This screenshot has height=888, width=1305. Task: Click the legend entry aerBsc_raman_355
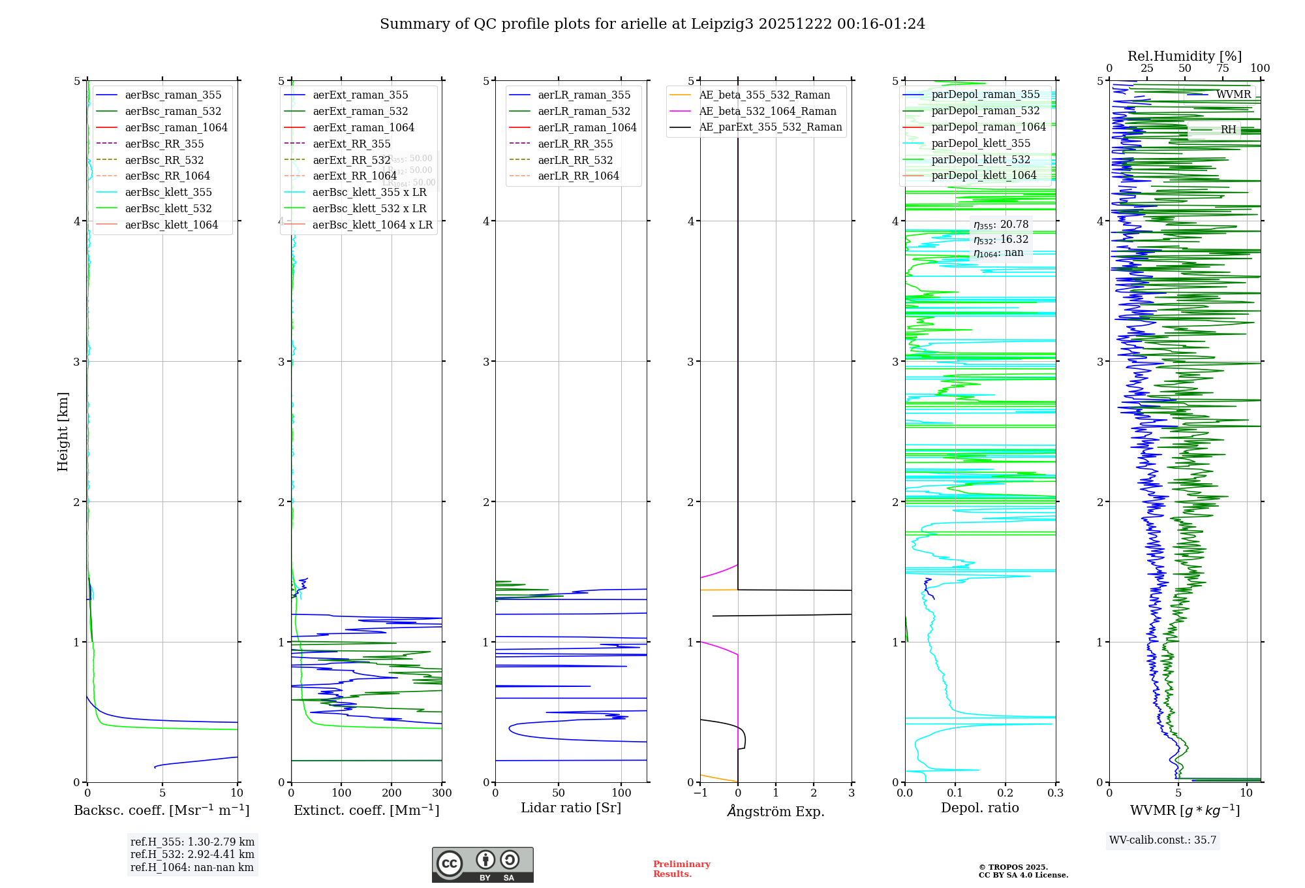pyautogui.click(x=173, y=95)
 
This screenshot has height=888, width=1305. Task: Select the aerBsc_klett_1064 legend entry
pyautogui.click(x=171, y=225)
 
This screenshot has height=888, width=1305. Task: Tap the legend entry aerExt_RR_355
pyautogui.click(x=351, y=144)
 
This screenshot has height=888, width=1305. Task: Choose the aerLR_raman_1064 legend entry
pyautogui.click(x=587, y=128)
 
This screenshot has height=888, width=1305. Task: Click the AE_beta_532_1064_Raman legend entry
pyautogui.click(x=767, y=112)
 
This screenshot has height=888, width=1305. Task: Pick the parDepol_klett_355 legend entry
pyautogui.click(x=981, y=144)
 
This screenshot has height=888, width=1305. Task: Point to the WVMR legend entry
pyautogui.click(x=1233, y=95)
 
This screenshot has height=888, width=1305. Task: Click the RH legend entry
pyautogui.click(x=1228, y=130)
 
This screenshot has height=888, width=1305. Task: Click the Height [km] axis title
pyautogui.click(x=63, y=432)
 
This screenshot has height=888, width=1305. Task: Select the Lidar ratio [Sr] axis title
pyautogui.click(x=571, y=808)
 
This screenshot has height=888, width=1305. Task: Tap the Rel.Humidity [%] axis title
pyautogui.click(x=1184, y=56)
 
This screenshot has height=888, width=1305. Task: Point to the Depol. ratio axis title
pyautogui.click(x=979, y=808)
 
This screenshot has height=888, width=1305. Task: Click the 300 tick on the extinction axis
pyautogui.click(x=442, y=793)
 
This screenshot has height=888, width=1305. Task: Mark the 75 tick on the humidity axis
pyautogui.click(x=1222, y=69)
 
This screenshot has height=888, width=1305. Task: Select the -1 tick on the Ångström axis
pyautogui.click(x=700, y=793)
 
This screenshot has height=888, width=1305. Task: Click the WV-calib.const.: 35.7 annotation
pyautogui.click(x=1163, y=840)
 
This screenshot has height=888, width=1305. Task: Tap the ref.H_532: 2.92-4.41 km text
pyautogui.click(x=192, y=855)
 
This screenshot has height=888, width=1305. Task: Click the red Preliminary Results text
pyautogui.click(x=681, y=869)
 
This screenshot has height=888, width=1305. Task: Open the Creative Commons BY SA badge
pyautogui.click(x=482, y=865)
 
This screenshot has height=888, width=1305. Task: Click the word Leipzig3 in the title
pyautogui.click(x=722, y=24)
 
